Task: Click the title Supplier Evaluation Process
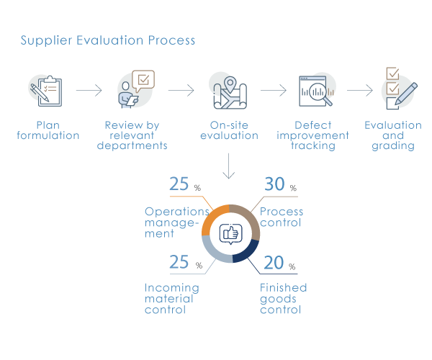pyautogui.click(x=108, y=40)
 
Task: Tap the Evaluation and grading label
pyautogui.click(x=393, y=135)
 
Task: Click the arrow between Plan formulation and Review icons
pyautogui.click(x=89, y=91)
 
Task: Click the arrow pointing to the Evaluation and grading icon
pyautogui.click(x=359, y=91)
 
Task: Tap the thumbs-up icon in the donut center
pyautogui.click(x=230, y=233)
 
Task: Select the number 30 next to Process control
pyautogui.click(x=274, y=184)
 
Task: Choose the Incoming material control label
pyautogui.click(x=172, y=299)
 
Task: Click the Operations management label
pyautogui.click(x=176, y=222)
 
